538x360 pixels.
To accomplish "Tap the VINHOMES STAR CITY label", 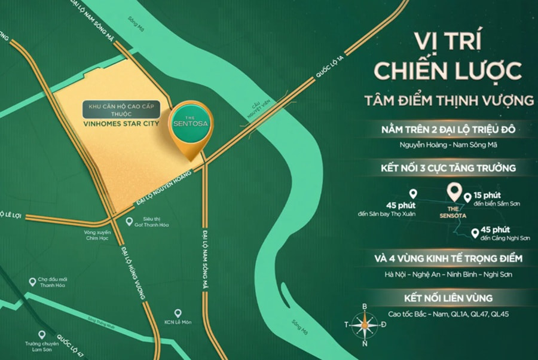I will coord(122,126).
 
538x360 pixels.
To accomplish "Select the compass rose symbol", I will coord(364,324).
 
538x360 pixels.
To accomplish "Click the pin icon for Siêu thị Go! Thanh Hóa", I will coord(130,221).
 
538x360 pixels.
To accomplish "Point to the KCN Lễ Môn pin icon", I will coord(178,313).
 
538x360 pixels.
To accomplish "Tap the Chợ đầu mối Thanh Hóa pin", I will coord(32,282).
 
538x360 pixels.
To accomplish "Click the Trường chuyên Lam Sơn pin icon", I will coord(42,335).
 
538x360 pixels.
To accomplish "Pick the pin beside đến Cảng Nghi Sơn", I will coord(475,233).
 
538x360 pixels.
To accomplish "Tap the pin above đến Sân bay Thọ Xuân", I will coord(412,194).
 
